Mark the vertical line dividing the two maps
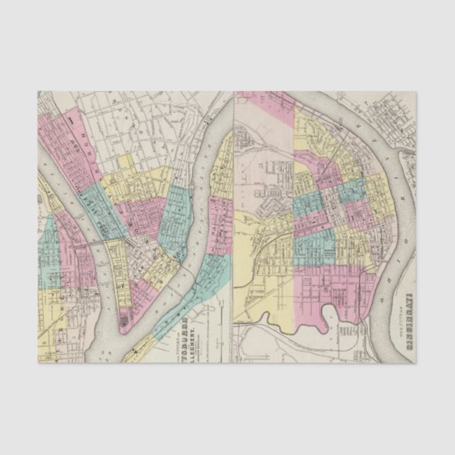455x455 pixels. [x=234, y=227]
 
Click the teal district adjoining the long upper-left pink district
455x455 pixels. [x=95, y=206]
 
